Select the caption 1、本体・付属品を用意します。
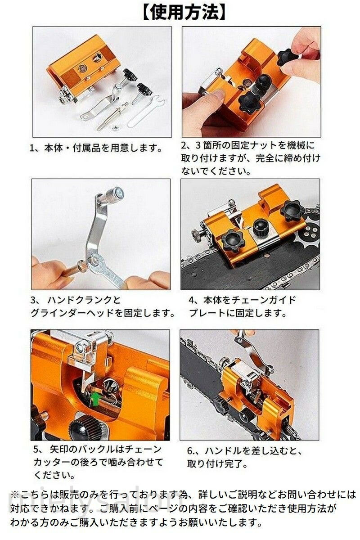96,148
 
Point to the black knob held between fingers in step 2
288,58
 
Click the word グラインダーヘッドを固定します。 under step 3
103,314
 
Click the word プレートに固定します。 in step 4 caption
238,314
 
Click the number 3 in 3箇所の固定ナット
198,145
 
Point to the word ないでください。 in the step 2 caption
216,171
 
